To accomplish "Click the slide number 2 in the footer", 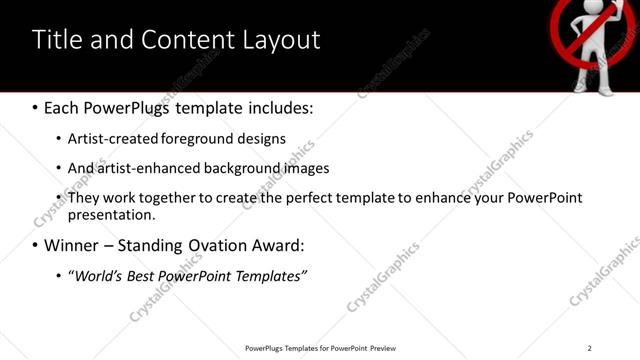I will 590,348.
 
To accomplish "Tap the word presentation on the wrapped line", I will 111,214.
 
